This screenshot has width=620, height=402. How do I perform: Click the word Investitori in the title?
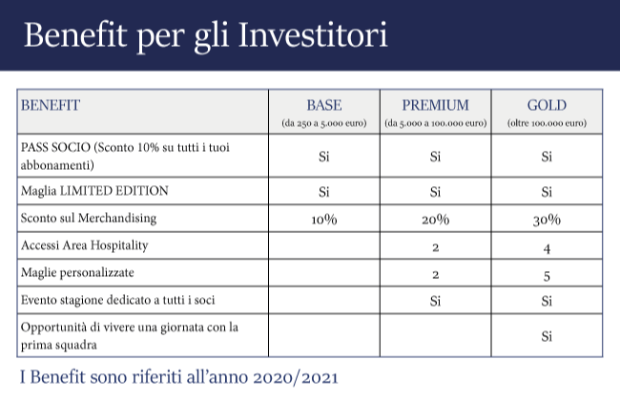coord(313,34)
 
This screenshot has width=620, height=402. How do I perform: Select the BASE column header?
coord(324,105)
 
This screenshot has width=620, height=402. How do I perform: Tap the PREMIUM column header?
coord(435,105)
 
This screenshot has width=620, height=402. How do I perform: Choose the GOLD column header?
coord(547,105)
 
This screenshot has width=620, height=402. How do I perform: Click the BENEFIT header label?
coord(51,105)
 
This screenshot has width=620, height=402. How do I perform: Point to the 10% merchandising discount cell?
coord(324,220)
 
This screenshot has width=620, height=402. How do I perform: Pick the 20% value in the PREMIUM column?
coord(435,220)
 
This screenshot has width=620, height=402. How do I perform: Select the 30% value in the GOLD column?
coord(547,220)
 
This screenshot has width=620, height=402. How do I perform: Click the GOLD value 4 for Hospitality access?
coord(547,248)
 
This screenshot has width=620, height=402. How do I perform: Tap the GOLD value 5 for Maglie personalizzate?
coord(547,276)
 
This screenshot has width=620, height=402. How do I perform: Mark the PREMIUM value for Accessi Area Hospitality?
coord(435,247)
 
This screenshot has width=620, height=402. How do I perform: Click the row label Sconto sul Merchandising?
coord(89,219)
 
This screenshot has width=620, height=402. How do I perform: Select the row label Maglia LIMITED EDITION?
coord(94,191)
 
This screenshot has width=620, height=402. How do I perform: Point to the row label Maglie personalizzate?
coord(77,273)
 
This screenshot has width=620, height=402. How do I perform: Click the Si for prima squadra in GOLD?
coord(547,336)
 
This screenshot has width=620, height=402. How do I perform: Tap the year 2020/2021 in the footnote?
coord(296,377)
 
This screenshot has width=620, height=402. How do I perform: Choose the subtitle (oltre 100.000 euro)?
coord(547,123)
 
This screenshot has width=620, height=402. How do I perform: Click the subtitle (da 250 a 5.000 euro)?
coord(324,123)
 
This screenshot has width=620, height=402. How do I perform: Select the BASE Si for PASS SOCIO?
coord(324,157)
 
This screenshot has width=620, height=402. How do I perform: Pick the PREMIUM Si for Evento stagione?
coord(435,301)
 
